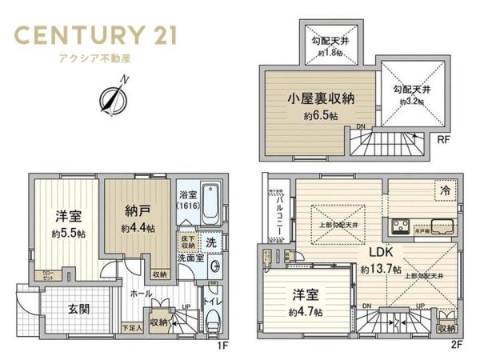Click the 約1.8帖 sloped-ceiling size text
tap(328, 53)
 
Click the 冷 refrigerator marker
tap(442, 190)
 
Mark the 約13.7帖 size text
tap(382, 270)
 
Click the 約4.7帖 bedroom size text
tap(307, 311)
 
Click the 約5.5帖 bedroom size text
tap(68, 234)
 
